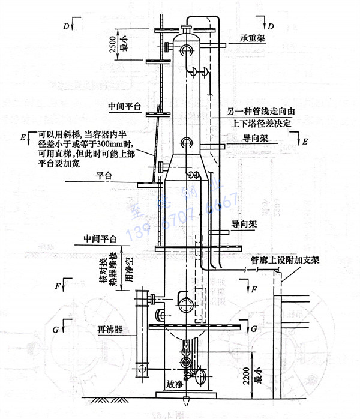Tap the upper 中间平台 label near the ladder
point(124,106)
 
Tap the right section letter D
point(271,26)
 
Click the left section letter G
point(57,329)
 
